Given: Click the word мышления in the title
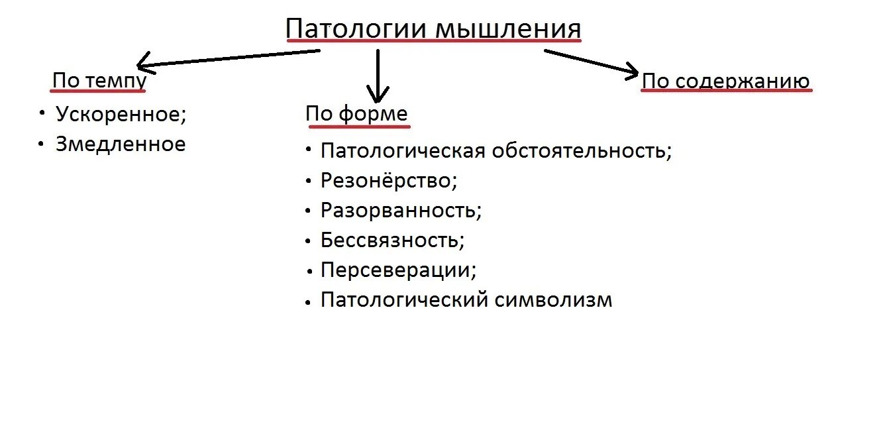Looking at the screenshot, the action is [508, 29].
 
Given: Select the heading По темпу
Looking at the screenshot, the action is [99, 81].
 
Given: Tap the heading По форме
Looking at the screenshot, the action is [356, 114].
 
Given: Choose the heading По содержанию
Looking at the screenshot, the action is [726, 81].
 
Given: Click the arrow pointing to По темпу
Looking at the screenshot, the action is [225, 59].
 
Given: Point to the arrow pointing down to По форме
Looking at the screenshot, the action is [378, 76].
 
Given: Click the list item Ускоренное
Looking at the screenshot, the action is [121, 114].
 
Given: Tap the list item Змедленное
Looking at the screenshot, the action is [121, 144].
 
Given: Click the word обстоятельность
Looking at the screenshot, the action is [582, 150].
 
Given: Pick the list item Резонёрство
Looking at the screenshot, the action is [389, 180].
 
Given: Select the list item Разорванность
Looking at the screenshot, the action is [400, 210].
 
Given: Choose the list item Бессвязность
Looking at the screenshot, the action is [392, 240].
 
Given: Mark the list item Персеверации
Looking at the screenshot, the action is [398, 270].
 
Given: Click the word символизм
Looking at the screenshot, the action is [554, 300].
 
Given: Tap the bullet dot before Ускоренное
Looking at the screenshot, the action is [42, 113].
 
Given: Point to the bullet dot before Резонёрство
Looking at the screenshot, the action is [308, 180].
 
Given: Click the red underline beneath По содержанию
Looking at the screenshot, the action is [726, 91].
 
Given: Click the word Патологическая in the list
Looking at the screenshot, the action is [403, 150].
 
